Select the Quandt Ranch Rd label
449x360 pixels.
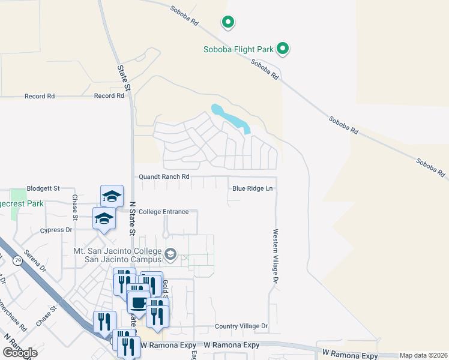click(164, 177)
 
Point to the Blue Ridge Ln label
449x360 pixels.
click(253, 188)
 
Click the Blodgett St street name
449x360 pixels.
click(43, 188)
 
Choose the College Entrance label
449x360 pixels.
click(164, 212)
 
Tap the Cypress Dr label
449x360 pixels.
click(56, 230)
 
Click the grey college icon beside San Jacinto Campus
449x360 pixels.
click(170, 255)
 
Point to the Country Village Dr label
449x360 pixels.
click(241, 326)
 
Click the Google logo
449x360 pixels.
click(20, 352)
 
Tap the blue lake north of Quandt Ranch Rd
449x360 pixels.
click(231, 118)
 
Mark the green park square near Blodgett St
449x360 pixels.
click(18, 196)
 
